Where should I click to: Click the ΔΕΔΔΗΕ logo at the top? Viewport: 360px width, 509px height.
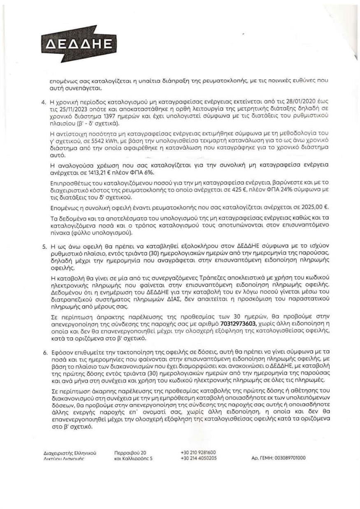[77, 44]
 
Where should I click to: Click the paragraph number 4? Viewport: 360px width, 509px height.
[43, 101]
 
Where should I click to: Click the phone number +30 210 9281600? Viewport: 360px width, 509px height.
[198, 452]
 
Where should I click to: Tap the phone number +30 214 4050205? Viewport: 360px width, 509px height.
[198, 458]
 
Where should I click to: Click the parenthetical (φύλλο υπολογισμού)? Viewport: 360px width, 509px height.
[103, 233]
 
